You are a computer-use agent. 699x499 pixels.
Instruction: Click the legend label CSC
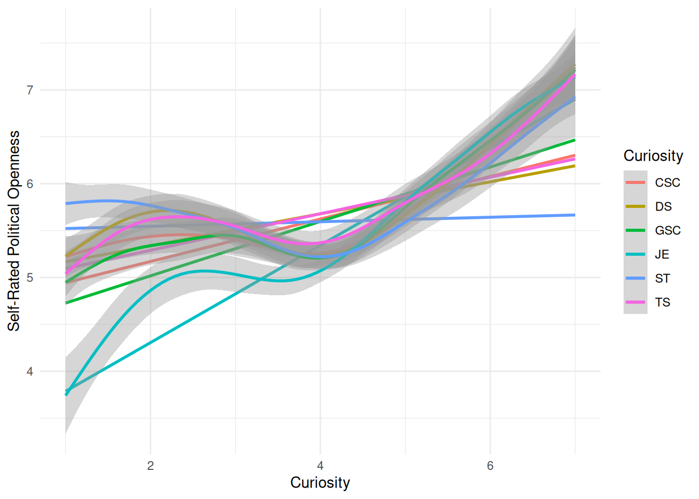point(667,183)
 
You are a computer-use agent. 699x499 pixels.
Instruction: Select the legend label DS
point(663,207)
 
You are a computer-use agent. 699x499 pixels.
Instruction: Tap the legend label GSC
point(668,231)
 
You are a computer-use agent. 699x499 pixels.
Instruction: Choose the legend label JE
point(662,255)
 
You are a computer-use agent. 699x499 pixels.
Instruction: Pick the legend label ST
point(663,279)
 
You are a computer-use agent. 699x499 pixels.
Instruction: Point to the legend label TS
point(663,303)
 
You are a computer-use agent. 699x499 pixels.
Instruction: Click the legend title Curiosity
point(653,156)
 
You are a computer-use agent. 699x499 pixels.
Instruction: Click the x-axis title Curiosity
point(320,482)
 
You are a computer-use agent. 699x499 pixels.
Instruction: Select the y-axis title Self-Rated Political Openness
point(14,231)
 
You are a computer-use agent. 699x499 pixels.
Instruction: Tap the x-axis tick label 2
point(150,466)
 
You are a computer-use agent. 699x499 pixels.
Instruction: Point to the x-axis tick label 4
point(320,466)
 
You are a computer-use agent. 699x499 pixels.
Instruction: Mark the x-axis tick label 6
point(490,466)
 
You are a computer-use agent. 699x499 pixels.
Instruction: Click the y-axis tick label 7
point(30,90)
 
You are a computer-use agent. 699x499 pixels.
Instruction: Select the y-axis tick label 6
point(30,184)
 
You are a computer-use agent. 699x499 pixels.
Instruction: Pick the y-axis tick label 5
point(30,278)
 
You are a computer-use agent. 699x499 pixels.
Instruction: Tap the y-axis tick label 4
point(30,372)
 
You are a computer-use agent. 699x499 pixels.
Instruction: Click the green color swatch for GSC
point(635,230)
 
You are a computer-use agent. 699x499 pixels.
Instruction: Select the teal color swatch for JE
point(635,254)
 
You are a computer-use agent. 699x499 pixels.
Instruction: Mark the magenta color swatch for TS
point(635,302)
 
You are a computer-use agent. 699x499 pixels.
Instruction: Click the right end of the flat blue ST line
point(574,215)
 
